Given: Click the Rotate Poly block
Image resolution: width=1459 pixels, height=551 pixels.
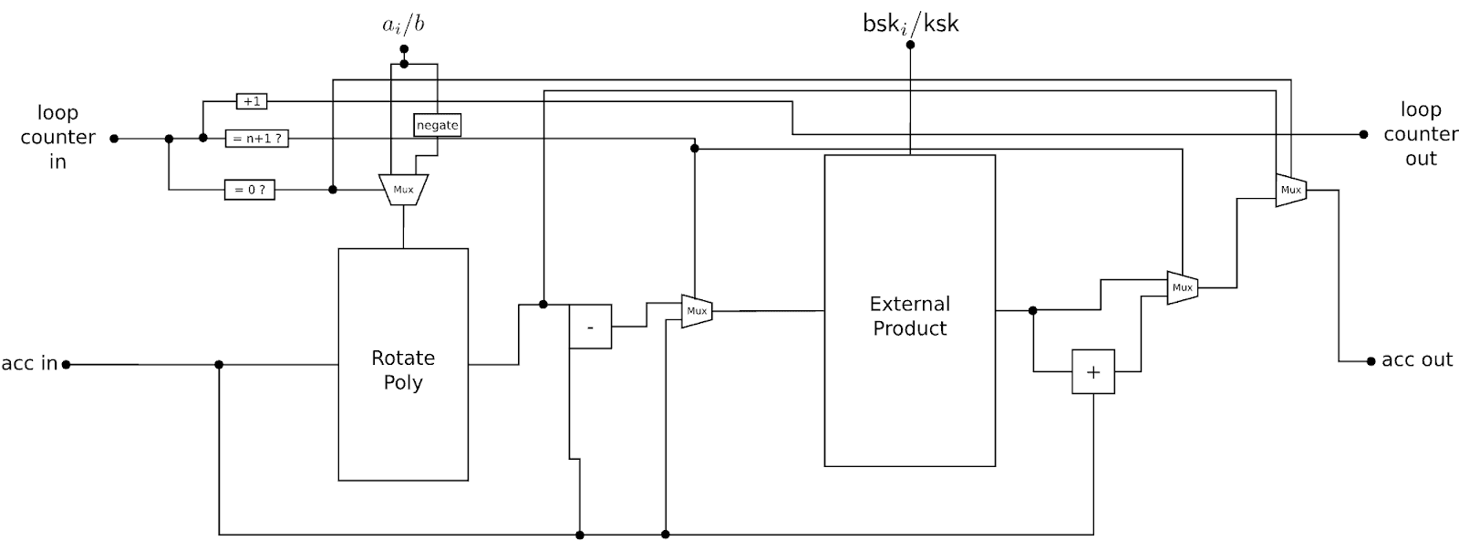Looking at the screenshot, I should click(403, 364).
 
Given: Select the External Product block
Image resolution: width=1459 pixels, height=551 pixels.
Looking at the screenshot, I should click(909, 311).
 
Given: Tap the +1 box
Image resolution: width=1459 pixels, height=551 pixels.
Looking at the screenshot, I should click(251, 101).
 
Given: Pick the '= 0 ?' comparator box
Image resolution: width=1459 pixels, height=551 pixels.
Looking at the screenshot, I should click(249, 191).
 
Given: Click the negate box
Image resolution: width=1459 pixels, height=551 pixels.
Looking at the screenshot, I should click(438, 125).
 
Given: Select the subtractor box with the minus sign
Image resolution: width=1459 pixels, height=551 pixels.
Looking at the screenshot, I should click(590, 327).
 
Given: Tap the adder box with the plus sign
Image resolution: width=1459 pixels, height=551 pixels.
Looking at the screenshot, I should click(1092, 371).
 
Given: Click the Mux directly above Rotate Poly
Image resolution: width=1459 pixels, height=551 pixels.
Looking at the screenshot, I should click(403, 190).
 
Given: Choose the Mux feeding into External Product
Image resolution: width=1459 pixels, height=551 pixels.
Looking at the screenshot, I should click(697, 311).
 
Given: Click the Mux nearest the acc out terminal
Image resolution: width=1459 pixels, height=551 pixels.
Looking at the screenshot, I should click(1290, 190).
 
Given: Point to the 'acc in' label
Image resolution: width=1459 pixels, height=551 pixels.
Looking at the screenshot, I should click(29, 363).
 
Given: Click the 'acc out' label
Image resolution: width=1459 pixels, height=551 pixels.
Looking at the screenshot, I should click(1417, 360).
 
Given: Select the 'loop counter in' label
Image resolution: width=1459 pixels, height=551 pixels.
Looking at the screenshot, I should click(57, 137).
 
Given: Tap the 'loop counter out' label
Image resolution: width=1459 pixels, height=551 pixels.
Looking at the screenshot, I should click(1420, 134).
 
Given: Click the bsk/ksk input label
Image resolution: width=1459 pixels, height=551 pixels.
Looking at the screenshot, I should click(910, 24).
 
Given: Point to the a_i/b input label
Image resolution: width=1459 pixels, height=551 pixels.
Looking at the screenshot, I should click(403, 25).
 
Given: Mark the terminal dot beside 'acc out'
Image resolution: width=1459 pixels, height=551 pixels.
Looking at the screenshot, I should click(1371, 361).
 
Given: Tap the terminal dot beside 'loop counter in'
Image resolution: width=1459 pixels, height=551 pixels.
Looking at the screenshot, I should click(114, 139).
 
